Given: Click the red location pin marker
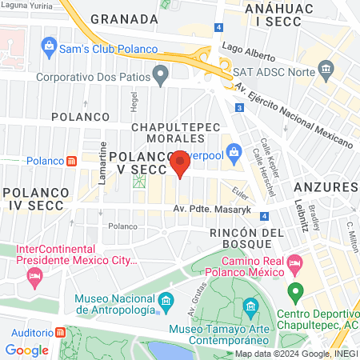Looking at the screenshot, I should tap(180, 163).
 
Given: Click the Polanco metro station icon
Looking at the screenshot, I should tap(71, 160).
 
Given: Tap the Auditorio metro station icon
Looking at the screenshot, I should tap(62, 332).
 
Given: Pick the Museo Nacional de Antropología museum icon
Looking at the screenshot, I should tap(166, 302).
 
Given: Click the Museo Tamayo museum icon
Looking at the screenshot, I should tap(250, 306).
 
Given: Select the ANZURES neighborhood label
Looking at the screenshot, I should tap(325, 186).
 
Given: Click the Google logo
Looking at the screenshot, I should tap(26, 350).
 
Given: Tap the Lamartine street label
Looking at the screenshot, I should tap(102, 168).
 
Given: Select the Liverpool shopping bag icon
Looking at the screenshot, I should tap(234, 150).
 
